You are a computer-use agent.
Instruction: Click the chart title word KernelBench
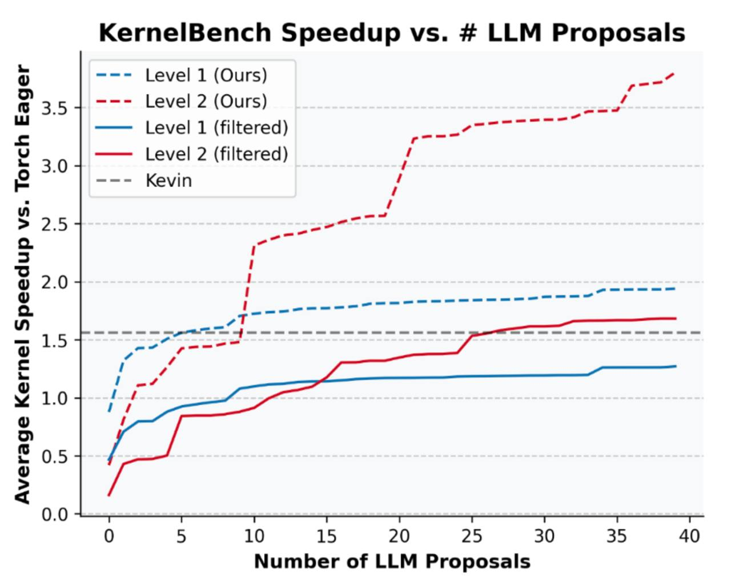point(184,33)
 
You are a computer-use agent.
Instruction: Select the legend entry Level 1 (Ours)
point(206,75)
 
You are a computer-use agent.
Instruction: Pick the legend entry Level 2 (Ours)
point(206,101)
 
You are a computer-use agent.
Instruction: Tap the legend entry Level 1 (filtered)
point(216,127)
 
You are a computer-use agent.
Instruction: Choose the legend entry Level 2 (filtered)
point(216,154)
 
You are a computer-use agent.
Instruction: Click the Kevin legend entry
point(168,181)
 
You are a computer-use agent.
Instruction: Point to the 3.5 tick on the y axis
point(54,108)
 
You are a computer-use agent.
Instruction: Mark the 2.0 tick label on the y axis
point(54,282)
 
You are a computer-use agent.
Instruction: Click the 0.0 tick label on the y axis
point(54,514)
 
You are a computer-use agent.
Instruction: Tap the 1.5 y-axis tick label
point(54,341)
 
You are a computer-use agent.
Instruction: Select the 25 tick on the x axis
point(472,536)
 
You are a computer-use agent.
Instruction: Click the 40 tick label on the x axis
point(689,536)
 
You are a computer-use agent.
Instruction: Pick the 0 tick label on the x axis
point(109,536)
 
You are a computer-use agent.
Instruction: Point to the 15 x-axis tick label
point(327,536)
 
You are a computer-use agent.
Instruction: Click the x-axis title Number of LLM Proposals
point(392,562)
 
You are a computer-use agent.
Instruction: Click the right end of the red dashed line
point(675,73)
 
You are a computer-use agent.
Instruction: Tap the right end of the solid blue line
point(676,366)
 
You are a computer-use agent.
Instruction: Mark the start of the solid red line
point(109,495)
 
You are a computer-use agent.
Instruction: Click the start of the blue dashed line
point(109,411)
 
